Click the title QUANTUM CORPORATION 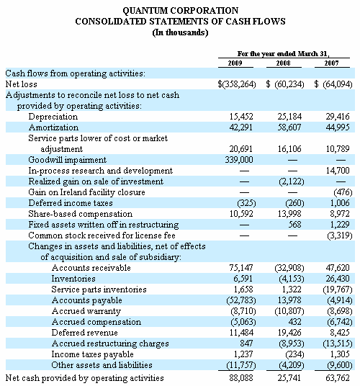pyautogui.click(x=181, y=11)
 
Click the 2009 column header pyautogui.click(x=235, y=63)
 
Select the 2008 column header pyautogui.click(x=283, y=63)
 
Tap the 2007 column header pyautogui.click(x=331, y=63)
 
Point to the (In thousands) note pyautogui.click(x=180, y=32)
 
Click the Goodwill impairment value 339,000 pyautogui.click(x=239, y=160)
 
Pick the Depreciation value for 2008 pyautogui.click(x=289, y=117)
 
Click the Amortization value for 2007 pyautogui.click(x=338, y=127)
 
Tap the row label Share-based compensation pyautogui.click(x=81, y=214)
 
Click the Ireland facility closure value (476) pyautogui.click(x=343, y=192)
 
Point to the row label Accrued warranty pyautogui.click(x=86, y=311)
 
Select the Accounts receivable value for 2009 pyautogui.click(x=241, y=268)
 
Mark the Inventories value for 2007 pyautogui.click(x=338, y=279)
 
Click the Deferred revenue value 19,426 pyautogui.click(x=289, y=333)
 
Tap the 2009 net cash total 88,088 pyautogui.click(x=241, y=378)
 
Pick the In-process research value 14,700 pyautogui.click(x=338, y=171)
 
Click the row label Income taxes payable pyautogui.click(x=93, y=354)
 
